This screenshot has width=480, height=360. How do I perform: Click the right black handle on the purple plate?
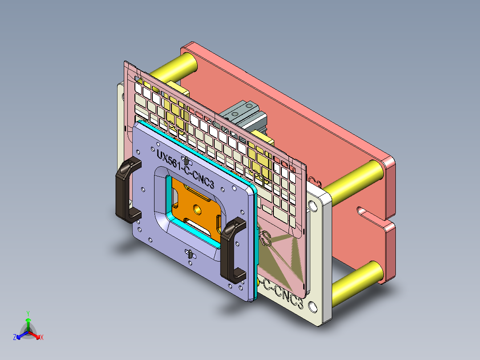[230, 252]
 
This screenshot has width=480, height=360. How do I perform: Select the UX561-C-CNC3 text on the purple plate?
[188, 169]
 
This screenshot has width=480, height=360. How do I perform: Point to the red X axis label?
[42, 338]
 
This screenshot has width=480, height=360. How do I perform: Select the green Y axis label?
[28, 313]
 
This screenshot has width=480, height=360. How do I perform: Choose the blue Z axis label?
[15, 337]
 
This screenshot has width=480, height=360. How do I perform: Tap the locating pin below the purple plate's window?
[190, 254]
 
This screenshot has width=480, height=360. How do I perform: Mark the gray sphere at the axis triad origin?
[28, 332]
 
